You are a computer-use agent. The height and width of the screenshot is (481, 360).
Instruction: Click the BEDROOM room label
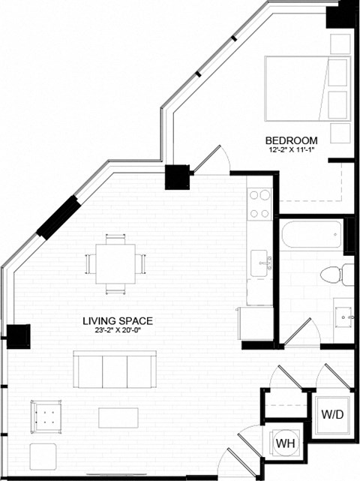292,140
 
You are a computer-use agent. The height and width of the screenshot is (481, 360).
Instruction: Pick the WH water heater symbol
284,443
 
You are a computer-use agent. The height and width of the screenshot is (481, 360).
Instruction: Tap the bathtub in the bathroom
310,235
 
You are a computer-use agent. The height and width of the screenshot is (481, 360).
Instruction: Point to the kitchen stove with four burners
259,203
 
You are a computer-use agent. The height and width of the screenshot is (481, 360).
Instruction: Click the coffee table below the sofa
118,417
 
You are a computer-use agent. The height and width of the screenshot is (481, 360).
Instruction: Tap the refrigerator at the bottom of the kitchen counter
256,323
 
